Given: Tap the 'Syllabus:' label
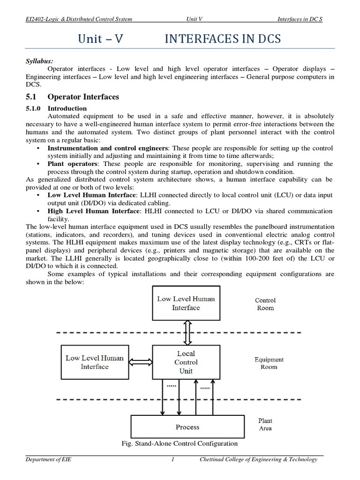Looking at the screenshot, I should [39, 61].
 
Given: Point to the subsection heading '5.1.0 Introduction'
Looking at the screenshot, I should [56, 108].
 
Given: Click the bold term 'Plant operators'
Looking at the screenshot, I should [73, 164].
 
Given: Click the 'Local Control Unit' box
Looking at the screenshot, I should [186, 362].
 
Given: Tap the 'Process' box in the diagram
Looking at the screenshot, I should [187, 427].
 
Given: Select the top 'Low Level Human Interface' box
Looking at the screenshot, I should [186, 303].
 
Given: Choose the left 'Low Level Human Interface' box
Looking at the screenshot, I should [94, 362].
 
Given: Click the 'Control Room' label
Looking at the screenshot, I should [265, 304].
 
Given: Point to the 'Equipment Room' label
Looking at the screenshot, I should [269, 363].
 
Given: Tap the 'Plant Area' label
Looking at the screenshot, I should [265, 424].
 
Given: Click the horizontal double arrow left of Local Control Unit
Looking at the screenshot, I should [140, 362].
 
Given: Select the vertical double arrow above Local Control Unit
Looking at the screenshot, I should [186, 332].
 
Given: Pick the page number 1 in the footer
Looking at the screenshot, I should [173, 460].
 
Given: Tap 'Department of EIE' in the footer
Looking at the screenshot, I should [49, 460].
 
